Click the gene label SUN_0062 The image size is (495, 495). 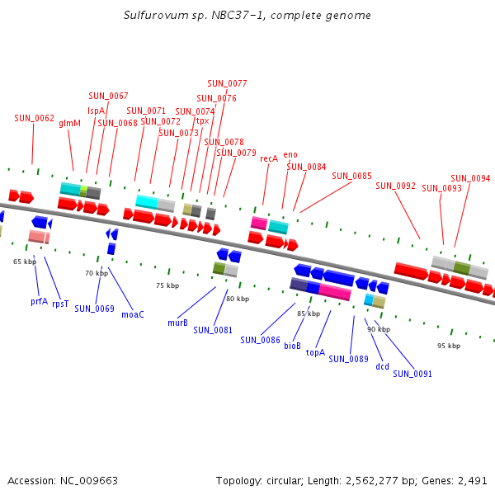point(34,118)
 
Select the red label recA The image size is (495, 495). point(269,158)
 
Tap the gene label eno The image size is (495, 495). point(290,154)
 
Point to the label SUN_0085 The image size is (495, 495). point(351,176)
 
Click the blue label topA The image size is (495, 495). point(315,352)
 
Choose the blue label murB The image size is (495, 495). point(177,323)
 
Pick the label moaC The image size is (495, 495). point(133,314)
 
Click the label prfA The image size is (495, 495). point(39,302)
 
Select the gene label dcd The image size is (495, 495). point(382,366)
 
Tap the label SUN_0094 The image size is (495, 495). point(470,178)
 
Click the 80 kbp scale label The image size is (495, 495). point(238,299)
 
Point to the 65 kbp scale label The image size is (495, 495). point(25,262)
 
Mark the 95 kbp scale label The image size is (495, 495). point(448,346)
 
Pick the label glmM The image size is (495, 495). point(69,123)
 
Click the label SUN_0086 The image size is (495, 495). point(261,339)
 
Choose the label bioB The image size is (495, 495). point(292,346)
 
